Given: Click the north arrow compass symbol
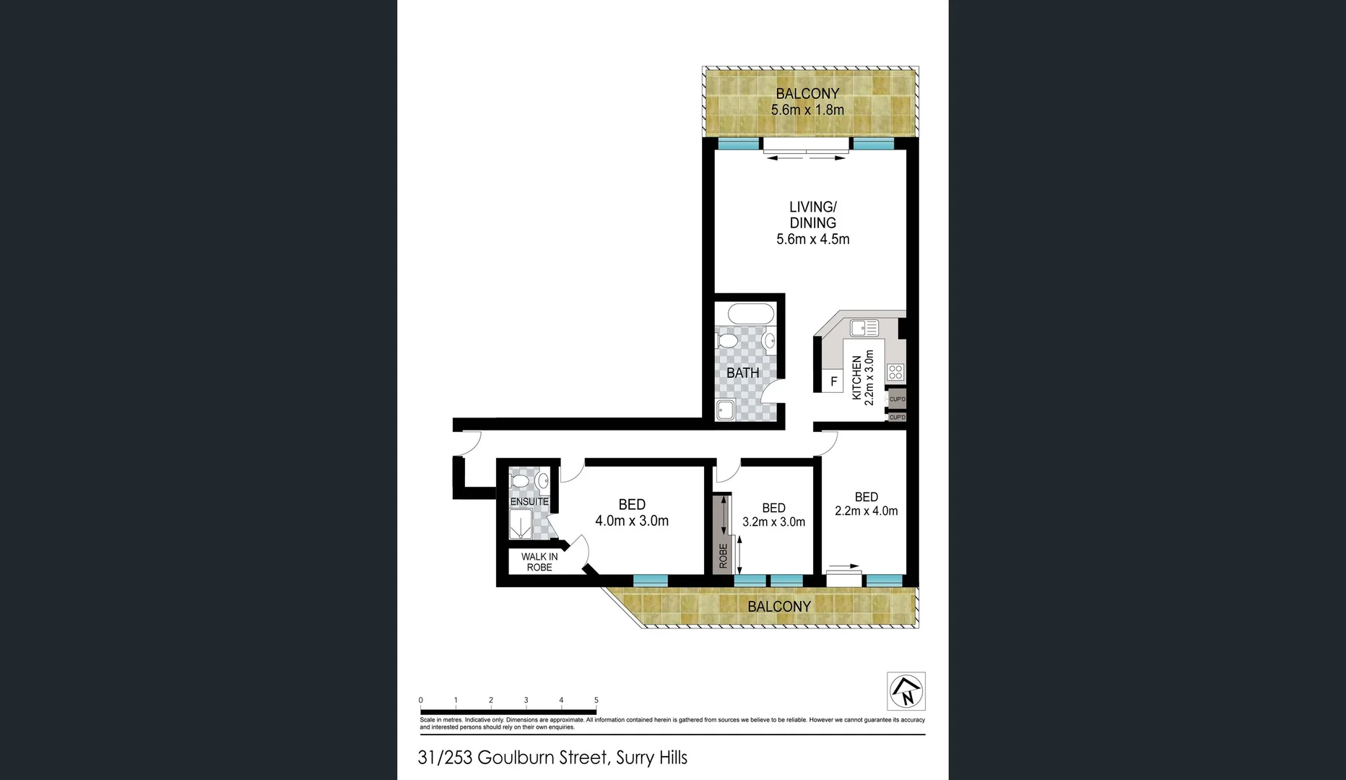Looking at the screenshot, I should (906, 691).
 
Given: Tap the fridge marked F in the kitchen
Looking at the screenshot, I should (833, 381).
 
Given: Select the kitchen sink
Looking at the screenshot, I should (864, 329).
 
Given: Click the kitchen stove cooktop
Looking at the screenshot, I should (895, 373).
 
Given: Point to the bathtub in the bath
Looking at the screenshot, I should (750, 314).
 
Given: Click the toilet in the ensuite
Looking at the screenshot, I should (518, 480).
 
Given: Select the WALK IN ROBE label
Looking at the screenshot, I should (539, 562).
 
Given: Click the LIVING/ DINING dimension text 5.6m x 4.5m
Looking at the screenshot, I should (812, 239).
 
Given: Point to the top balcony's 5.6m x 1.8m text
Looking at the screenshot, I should (807, 110).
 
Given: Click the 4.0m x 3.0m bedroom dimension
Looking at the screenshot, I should (632, 521).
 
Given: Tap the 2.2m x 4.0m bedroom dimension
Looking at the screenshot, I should (866, 511).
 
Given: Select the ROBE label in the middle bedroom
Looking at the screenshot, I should (723, 555).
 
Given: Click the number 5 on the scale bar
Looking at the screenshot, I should (596, 700).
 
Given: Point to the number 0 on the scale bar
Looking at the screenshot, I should (421, 700).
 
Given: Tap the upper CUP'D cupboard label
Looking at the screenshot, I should (897, 399).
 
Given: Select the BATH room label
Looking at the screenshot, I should (742, 373).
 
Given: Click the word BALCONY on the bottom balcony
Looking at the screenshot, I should (779, 607).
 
